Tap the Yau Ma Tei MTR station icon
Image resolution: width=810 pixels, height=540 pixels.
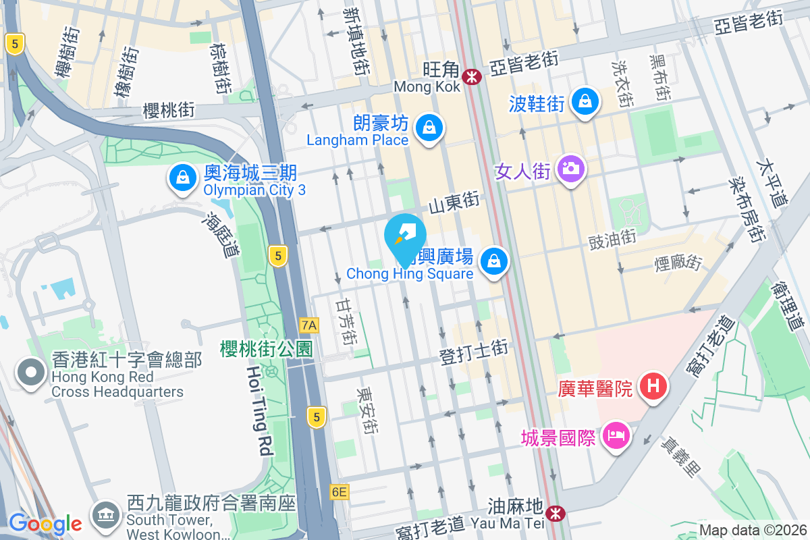[x=556, y=514]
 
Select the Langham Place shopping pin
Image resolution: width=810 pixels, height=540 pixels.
[x=428, y=126]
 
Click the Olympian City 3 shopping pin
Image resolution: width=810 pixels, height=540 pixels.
[x=182, y=178]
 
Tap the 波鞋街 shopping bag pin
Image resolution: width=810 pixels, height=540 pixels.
[x=585, y=102]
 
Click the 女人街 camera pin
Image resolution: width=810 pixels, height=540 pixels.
[x=571, y=168]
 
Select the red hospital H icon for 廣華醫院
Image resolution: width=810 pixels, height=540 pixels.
[x=653, y=387]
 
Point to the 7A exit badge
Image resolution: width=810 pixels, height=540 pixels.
[x=308, y=325]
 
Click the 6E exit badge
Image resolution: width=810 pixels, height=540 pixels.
[x=340, y=492]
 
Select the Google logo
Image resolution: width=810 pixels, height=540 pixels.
[x=46, y=523]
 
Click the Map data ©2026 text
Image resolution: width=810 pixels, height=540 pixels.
[x=752, y=531]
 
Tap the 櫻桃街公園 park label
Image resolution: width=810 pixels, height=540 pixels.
[x=267, y=349]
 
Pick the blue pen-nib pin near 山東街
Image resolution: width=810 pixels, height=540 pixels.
[x=405, y=234]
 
